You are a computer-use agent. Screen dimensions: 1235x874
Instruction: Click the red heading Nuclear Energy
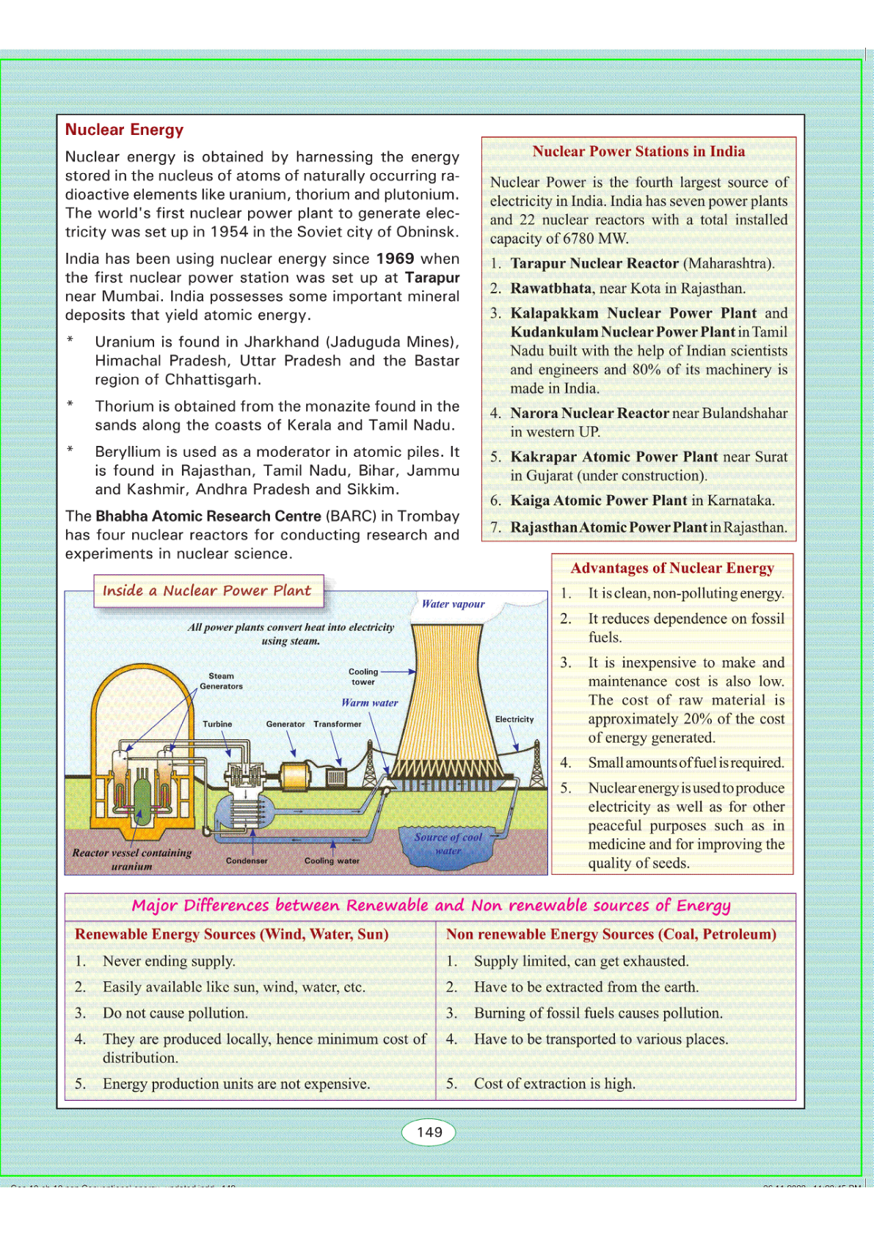(124, 130)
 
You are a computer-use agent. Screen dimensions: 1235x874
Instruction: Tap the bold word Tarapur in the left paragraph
(431, 278)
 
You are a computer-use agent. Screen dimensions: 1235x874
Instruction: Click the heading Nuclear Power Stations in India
(638, 152)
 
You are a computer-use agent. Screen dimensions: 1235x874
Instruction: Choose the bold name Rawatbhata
(550, 288)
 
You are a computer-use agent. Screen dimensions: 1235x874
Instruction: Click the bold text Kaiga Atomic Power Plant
(599, 501)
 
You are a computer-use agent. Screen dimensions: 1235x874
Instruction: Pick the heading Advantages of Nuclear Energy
(672, 568)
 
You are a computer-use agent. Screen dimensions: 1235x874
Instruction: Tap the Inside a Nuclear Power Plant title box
(208, 591)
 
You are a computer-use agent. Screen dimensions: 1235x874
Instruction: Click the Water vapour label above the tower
(453, 604)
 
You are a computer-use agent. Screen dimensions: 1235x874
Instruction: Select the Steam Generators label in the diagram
(221, 681)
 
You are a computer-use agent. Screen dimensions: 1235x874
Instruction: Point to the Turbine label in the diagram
(217, 724)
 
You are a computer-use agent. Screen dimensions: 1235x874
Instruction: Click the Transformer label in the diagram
(338, 724)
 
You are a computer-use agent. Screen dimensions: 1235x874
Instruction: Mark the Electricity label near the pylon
(514, 719)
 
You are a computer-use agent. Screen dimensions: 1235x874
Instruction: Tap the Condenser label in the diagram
(247, 860)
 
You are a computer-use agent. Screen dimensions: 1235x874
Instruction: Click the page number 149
(429, 1132)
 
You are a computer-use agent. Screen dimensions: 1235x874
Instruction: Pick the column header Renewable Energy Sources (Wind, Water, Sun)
(232, 934)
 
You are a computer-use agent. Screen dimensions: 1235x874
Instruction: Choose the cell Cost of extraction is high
(555, 1084)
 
